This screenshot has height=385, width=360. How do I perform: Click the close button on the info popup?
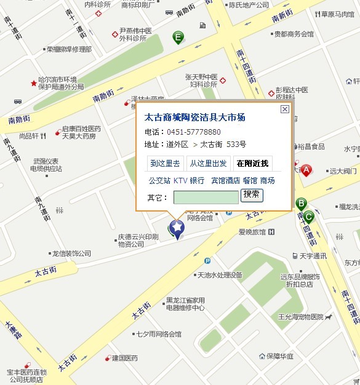284,109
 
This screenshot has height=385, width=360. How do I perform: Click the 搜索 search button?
252,195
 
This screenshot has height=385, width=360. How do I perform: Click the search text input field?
206,197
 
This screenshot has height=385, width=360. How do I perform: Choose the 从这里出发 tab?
208,163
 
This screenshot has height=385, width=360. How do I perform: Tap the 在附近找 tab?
252,163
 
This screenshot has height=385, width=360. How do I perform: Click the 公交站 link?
159,181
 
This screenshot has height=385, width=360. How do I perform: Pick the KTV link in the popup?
180,181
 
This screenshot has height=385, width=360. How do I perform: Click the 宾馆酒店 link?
225,181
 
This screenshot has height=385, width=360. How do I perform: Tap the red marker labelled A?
306,170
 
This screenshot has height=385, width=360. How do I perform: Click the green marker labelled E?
178,37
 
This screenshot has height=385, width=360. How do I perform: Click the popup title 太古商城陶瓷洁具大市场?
194,117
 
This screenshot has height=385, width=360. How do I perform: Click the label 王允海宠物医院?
300,317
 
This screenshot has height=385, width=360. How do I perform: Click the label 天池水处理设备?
220,275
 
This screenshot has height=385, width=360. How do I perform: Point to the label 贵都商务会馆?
294,34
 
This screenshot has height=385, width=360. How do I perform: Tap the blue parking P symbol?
207,261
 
